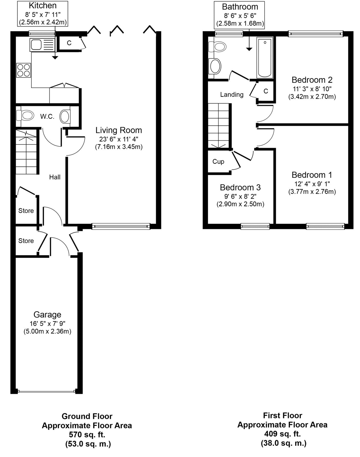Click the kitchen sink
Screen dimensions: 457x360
pyautogui.click(x=42, y=45)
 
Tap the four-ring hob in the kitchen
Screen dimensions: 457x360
pyautogui.click(x=23, y=70)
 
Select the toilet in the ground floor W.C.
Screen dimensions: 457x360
pyautogui.click(x=25, y=116)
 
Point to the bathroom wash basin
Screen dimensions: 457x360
pyautogui.click(x=215, y=66)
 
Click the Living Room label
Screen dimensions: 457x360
pyautogui.click(x=119, y=130)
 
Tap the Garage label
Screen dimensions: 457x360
pyautogui.click(x=47, y=314)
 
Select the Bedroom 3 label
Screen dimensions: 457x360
pyautogui.click(x=240, y=187)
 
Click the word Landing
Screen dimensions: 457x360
pyautogui.click(x=232, y=95)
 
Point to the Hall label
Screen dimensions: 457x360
pyautogui.click(x=55, y=177)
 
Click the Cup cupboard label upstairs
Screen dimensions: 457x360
pyautogui.click(x=218, y=162)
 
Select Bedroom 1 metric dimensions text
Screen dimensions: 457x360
pyautogui.click(x=312, y=192)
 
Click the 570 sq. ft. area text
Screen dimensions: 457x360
pyautogui.click(x=87, y=435)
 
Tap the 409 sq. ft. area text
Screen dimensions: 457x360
pyautogui.click(x=283, y=434)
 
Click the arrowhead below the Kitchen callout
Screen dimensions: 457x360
pyautogui.click(x=55, y=57)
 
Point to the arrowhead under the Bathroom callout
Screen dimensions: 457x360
pyautogui.click(x=249, y=49)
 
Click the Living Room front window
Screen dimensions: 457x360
pyautogui.click(x=121, y=227)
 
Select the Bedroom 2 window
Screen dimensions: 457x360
pyautogui.click(x=316, y=34)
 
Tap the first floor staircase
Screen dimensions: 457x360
pyautogui.click(x=219, y=126)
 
